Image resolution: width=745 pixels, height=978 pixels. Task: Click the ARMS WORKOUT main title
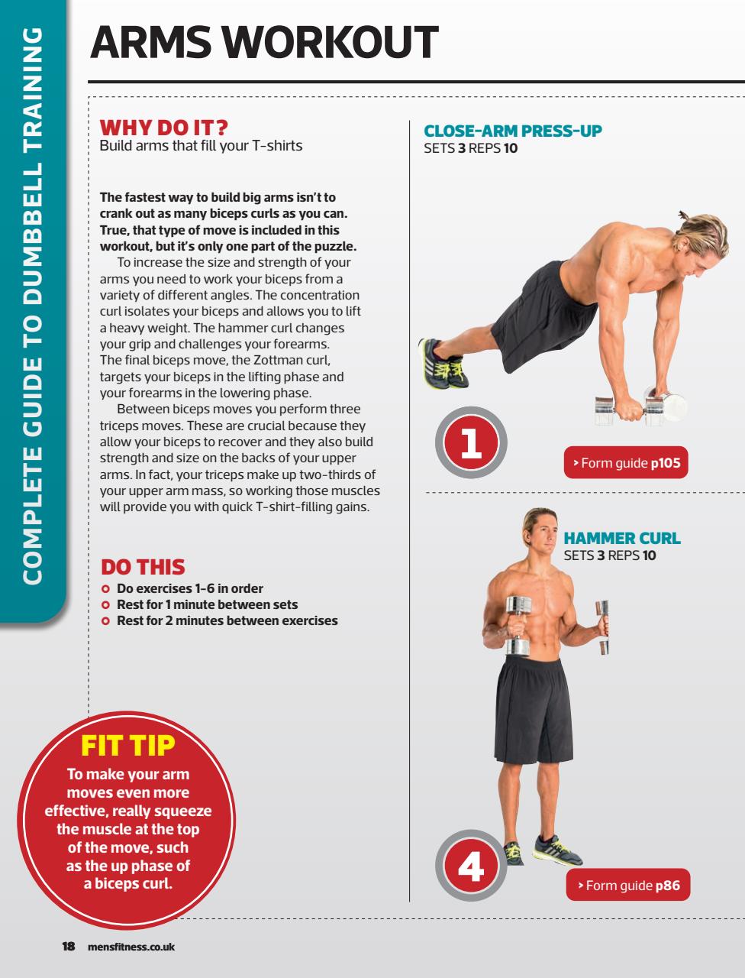tap(264, 43)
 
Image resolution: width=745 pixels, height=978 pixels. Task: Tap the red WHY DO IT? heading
tap(165, 127)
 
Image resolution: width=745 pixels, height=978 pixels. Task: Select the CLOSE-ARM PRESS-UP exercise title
tap(513, 131)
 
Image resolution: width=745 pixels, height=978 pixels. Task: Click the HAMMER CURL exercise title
tap(621, 539)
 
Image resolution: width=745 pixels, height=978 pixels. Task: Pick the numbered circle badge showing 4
tap(471, 866)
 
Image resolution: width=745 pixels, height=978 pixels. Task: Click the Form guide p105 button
tap(626, 462)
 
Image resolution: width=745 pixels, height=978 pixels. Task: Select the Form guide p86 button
tap(628, 886)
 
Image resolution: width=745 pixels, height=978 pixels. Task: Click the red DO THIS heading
tap(143, 567)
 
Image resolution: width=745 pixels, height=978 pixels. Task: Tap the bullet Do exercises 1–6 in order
tap(189, 588)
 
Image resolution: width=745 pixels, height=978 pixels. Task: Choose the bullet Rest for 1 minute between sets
tap(207, 604)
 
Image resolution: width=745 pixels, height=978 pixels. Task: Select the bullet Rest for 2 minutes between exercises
tap(227, 620)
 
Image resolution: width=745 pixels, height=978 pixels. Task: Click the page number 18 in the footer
tap(68, 947)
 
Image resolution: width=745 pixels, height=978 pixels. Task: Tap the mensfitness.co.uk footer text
tap(131, 947)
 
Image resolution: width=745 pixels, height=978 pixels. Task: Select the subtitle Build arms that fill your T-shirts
tap(201, 145)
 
